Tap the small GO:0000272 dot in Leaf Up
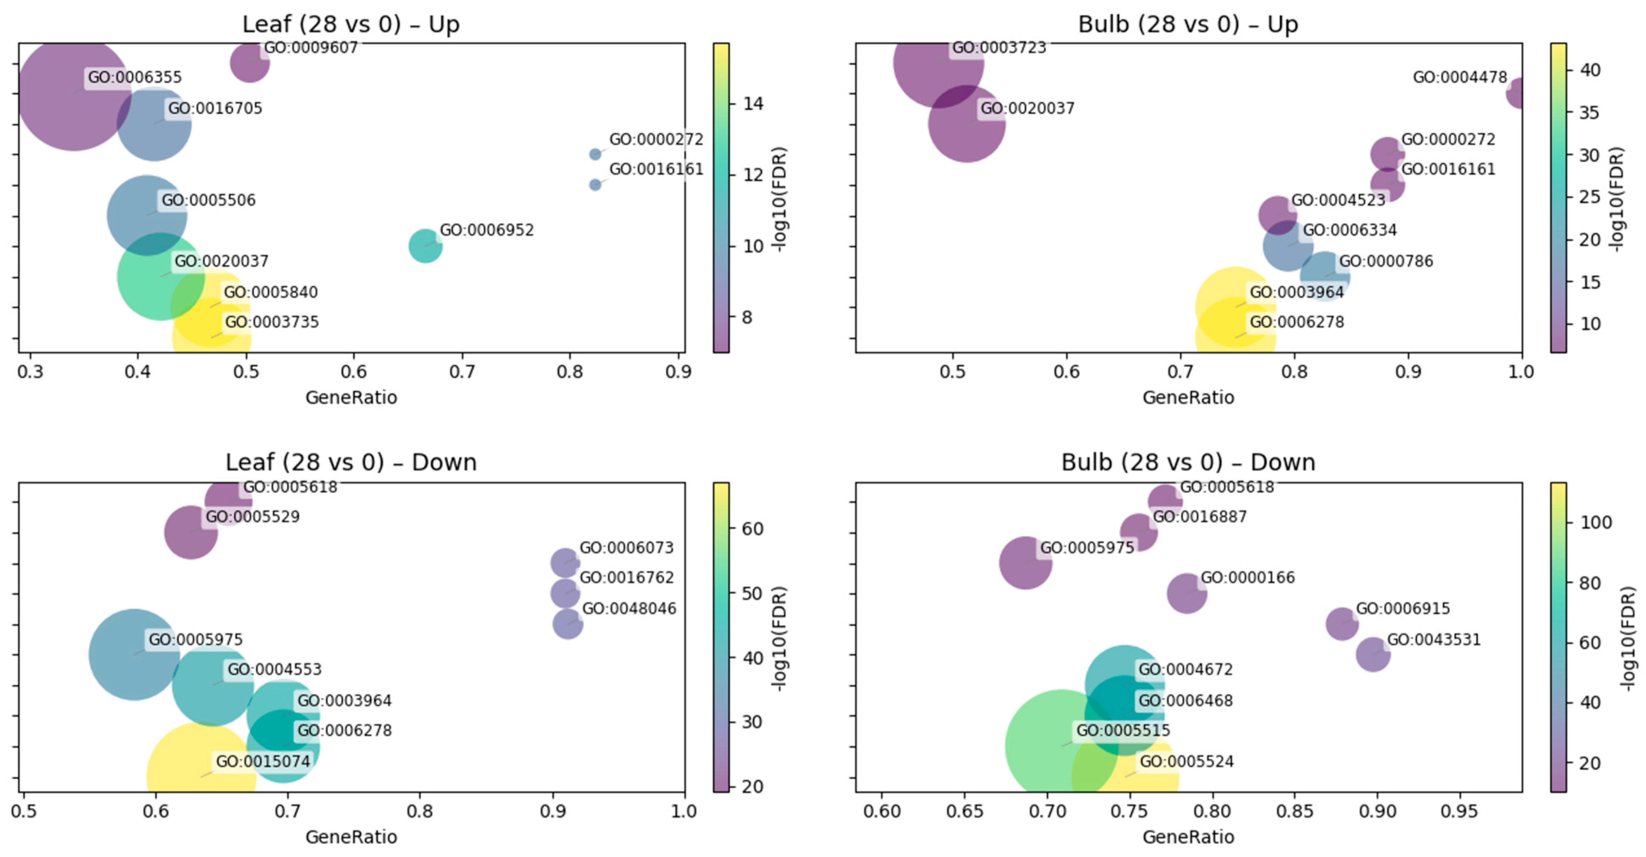point(595,154)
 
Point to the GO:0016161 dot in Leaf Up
point(595,185)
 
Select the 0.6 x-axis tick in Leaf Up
point(353,371)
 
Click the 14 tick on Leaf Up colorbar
point(753,104)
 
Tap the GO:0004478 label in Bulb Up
point(1459,77)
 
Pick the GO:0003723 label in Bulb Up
point(999,48)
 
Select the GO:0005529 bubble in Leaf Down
point(190,532)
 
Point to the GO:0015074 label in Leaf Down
point(263,761)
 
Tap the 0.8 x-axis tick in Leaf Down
point(420,811)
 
